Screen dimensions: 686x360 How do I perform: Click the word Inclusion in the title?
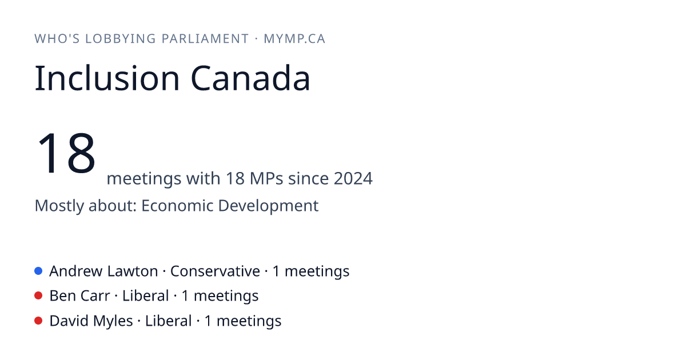point(107,78)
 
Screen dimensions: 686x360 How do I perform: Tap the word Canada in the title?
point(250,78)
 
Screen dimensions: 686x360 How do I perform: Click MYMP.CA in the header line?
point(294,39)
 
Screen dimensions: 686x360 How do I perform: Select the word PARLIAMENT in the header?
point(205,39)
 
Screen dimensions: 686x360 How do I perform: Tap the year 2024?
point(353,178)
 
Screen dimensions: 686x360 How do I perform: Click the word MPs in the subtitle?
point(266,178)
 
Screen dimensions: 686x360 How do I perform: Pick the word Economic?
point(177,205)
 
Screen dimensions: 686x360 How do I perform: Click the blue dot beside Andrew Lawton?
point(38,271)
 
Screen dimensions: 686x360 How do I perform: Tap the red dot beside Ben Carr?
point(38,296)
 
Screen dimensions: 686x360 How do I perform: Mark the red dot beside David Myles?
point(38,321)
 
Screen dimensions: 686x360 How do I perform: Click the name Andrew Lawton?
point(104,271)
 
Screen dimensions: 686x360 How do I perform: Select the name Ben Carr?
point(79,296)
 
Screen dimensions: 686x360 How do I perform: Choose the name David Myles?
point(91,321)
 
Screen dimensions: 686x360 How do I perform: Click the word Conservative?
point(215,271)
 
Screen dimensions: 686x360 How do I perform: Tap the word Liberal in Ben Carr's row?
point(145,296)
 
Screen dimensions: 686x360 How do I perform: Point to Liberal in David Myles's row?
point(169,321)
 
